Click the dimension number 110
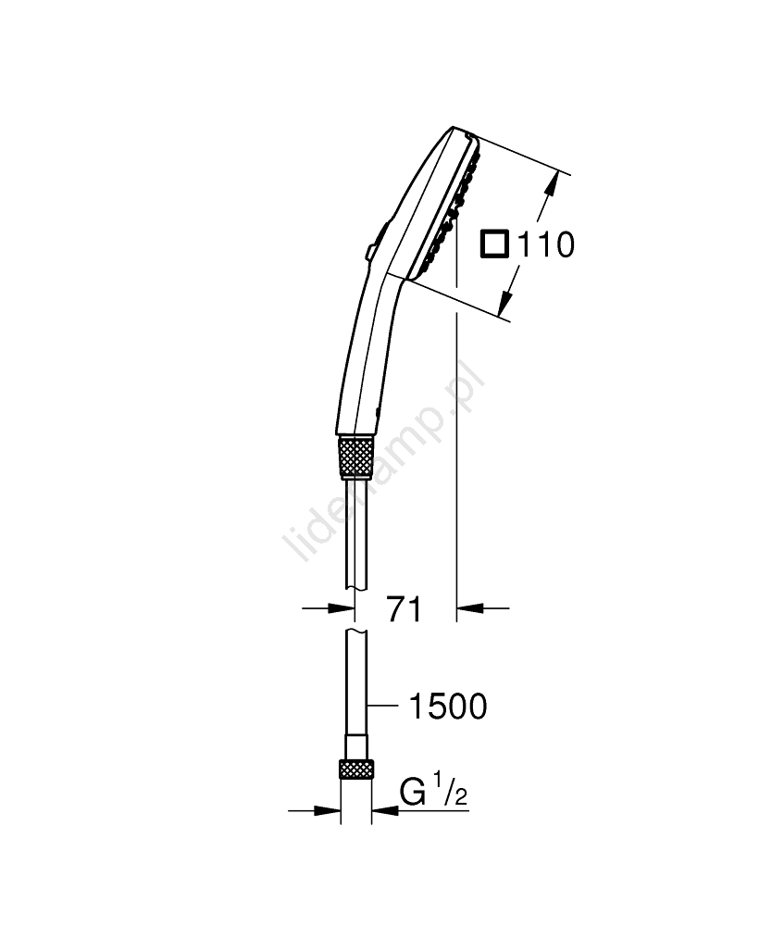[546, 245]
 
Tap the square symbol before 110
[494, 244]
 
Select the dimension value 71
[405, 609]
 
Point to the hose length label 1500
[449, 707]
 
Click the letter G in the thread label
[413, 792]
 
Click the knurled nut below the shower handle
[355, 457]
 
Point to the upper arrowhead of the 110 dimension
[552, 181]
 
